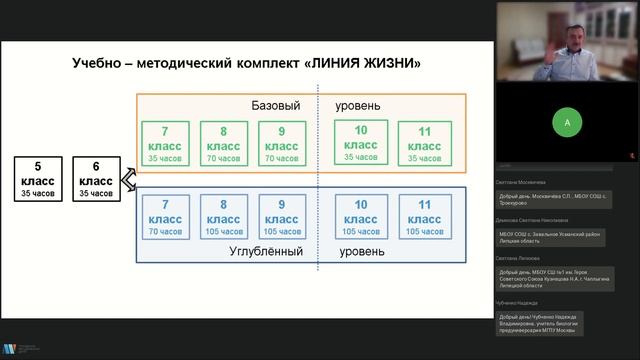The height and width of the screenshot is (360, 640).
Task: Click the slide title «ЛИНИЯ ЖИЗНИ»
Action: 247,63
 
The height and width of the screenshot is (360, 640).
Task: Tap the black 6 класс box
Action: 96,179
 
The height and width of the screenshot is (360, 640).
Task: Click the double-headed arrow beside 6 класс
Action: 128,179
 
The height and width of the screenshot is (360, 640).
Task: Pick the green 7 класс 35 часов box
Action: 165,142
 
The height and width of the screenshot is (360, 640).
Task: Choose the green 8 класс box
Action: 223,142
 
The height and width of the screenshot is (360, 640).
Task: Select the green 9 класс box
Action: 281,142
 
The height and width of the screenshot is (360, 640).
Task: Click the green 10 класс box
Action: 361,141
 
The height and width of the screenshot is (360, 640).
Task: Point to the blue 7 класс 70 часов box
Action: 165,216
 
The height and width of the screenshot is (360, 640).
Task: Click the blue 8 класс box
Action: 223,216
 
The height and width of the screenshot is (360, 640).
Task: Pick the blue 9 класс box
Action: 281,216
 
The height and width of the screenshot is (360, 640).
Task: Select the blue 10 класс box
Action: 361,216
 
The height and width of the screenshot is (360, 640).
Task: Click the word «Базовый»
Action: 276,106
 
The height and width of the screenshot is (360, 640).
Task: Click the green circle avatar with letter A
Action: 567,123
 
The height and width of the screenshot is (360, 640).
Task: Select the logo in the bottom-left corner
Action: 11,349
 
